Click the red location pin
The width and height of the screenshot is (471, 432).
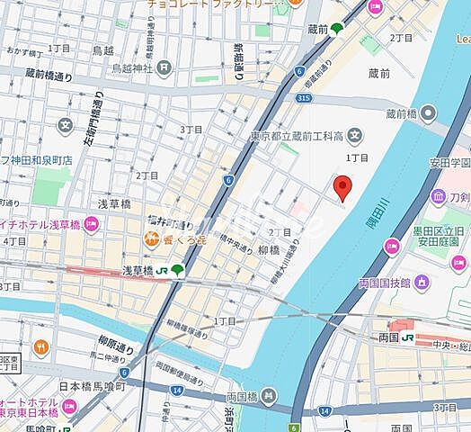pos(342,187)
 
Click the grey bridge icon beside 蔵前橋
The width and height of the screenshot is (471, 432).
pos(428,112)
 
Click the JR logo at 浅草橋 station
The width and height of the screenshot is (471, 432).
pos(161,270)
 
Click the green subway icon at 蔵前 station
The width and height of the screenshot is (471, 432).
pos(337,28)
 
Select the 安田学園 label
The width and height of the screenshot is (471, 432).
pos(449,164)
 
